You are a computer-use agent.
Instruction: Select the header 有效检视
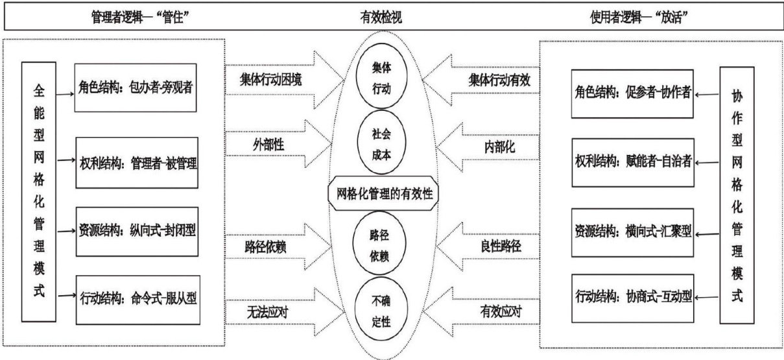point(381,18)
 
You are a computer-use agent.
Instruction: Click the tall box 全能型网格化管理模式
point(39,191)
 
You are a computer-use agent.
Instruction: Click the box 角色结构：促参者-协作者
point(632,93)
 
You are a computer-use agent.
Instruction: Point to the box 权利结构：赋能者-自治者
point(632,161)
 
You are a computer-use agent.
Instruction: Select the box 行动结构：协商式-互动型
point(632,298)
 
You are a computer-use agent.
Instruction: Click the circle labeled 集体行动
point(381,78)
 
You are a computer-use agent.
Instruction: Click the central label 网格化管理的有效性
point(385,193)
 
